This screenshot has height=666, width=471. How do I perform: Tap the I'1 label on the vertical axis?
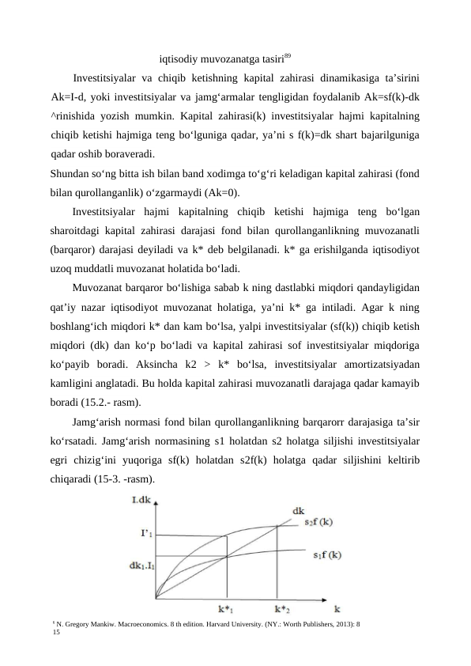click(147, 534)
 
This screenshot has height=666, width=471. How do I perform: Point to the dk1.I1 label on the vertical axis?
click(141, 566)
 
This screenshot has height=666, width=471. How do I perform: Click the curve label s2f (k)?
click(318, 522)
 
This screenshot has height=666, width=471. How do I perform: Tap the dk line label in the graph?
click(300, 510)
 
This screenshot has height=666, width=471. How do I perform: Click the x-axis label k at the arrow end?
click(337, 608)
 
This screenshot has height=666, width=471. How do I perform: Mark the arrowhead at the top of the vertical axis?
click(156, 506)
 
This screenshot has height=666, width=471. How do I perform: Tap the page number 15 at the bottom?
click(55, 633)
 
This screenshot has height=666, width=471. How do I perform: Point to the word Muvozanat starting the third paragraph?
click(99, 288)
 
